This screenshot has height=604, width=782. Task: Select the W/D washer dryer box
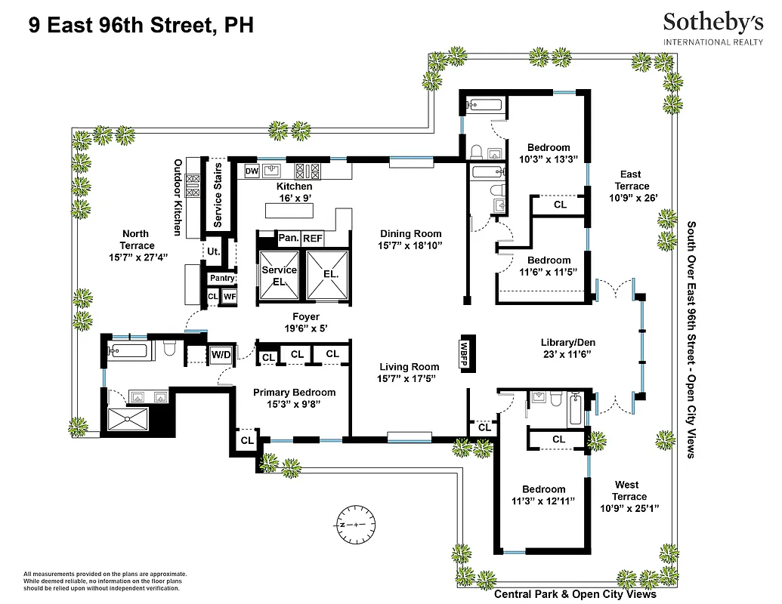click(x=221, y=354)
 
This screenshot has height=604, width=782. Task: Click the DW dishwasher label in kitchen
click(x=252, y=171)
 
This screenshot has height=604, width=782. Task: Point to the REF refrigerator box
click(x=313, y=239)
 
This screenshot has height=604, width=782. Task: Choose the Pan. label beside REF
click(x=289, y=239)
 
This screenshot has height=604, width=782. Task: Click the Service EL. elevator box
click(x=278, y=276)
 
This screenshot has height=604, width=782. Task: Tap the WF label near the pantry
click(x=230, y=297)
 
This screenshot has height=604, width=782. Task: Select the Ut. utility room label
click(x=214, y=251)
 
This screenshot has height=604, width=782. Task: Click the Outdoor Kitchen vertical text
click(x=178, y=196)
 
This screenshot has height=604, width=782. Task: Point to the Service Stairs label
click(x=218, y=196)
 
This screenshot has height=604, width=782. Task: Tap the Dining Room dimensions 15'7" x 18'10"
click(x=410, y=246)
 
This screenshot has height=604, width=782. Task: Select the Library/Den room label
click(x=565, y=341)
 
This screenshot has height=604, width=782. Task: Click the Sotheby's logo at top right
click(x=712, y=29)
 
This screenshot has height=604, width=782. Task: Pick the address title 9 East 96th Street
click(x=141, y=26)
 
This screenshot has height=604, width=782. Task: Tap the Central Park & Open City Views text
click(x=575, y=594)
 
